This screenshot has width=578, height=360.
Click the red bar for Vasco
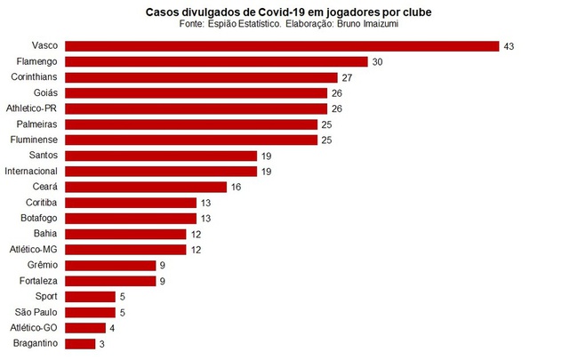[282, 45]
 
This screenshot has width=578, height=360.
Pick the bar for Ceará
[147, 187]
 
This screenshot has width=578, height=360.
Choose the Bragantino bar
[80, 343]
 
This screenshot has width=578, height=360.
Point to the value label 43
[510, 45]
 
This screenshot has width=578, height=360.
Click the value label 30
[378, 61]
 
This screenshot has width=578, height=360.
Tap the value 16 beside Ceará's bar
[237, 187]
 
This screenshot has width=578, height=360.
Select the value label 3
[102, 343]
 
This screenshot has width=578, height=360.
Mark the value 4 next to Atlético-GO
[112, 327]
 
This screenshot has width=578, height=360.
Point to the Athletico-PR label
[32, 108]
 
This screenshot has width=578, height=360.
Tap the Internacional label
[31, 171]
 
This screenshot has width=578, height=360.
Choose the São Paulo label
[36, 312]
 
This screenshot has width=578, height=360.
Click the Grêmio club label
[42, 265]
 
